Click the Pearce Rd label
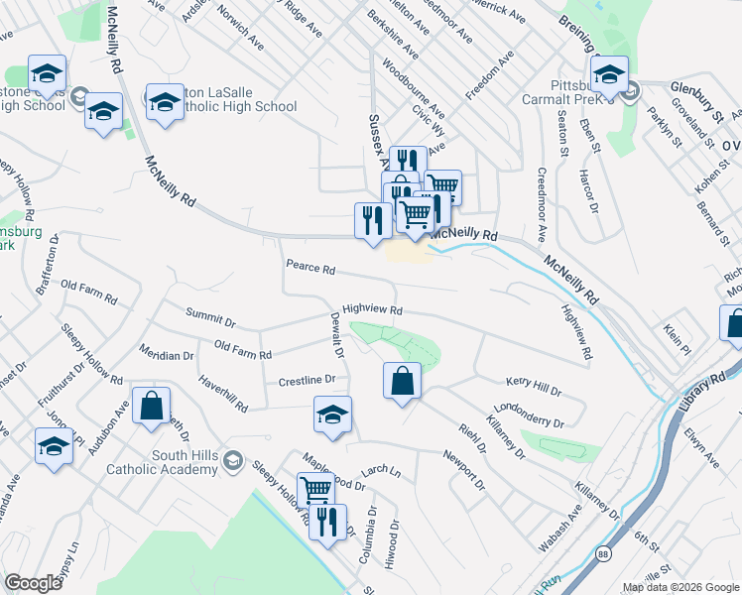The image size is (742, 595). (x=310, y=268)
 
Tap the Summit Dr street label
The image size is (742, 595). (x=210, y=318)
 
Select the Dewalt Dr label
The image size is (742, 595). (x=336, y=335)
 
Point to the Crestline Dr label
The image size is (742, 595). (x=308, y=380)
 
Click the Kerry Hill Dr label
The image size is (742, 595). (x=534, y=381)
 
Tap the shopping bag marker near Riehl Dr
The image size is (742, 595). (x=402, y=382)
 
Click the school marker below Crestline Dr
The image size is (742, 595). (x=333, y=416)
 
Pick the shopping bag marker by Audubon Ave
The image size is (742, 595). (x=151, y=406)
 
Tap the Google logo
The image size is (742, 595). (x=33, y=583)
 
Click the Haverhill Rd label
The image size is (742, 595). (x=222, y=394)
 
